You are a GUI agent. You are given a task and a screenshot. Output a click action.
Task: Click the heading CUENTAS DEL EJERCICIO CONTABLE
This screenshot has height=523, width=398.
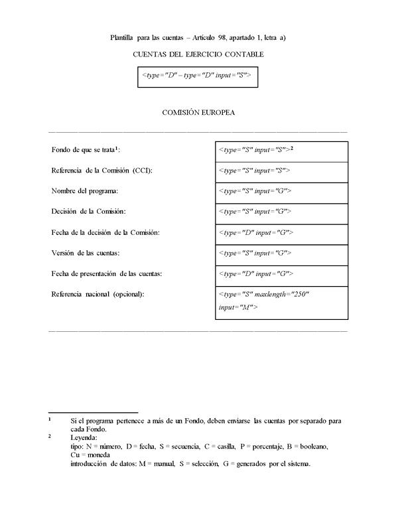coord(198,54)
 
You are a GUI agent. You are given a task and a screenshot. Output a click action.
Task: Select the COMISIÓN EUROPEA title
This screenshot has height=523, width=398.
coord(198,112)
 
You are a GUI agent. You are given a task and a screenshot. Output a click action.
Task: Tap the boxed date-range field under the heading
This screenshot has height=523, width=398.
coord(197,76)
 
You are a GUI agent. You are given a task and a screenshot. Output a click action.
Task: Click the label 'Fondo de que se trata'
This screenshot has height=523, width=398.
coord(85,150)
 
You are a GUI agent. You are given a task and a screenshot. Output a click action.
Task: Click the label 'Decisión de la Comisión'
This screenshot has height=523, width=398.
coord(88,212)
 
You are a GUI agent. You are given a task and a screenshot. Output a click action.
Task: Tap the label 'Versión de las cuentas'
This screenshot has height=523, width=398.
coord(86,253)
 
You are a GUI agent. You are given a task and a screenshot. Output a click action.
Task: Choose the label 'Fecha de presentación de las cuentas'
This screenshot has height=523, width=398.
coord(107,273)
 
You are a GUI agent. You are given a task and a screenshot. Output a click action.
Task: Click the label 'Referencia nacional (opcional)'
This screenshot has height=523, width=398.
coord(98,294)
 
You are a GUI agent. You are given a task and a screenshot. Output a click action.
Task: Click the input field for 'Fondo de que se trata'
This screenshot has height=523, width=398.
coord(281,151)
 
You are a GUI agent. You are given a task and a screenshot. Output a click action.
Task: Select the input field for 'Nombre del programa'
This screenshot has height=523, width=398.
coord(281,192)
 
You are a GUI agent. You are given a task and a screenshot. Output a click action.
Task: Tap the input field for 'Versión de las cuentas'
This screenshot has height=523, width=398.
coord(281,254)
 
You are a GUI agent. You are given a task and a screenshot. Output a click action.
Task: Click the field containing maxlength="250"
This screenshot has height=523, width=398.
coord(281,301)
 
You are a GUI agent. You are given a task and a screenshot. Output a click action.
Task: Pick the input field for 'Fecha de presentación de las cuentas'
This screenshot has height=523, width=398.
coord(281,274)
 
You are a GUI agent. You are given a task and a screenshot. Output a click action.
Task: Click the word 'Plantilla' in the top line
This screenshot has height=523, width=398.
coord(123,38)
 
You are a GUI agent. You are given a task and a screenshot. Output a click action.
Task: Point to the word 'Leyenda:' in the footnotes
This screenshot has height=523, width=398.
coord(84,438)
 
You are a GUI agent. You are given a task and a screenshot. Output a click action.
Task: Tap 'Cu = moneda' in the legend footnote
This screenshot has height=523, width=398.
coord(88,455)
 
